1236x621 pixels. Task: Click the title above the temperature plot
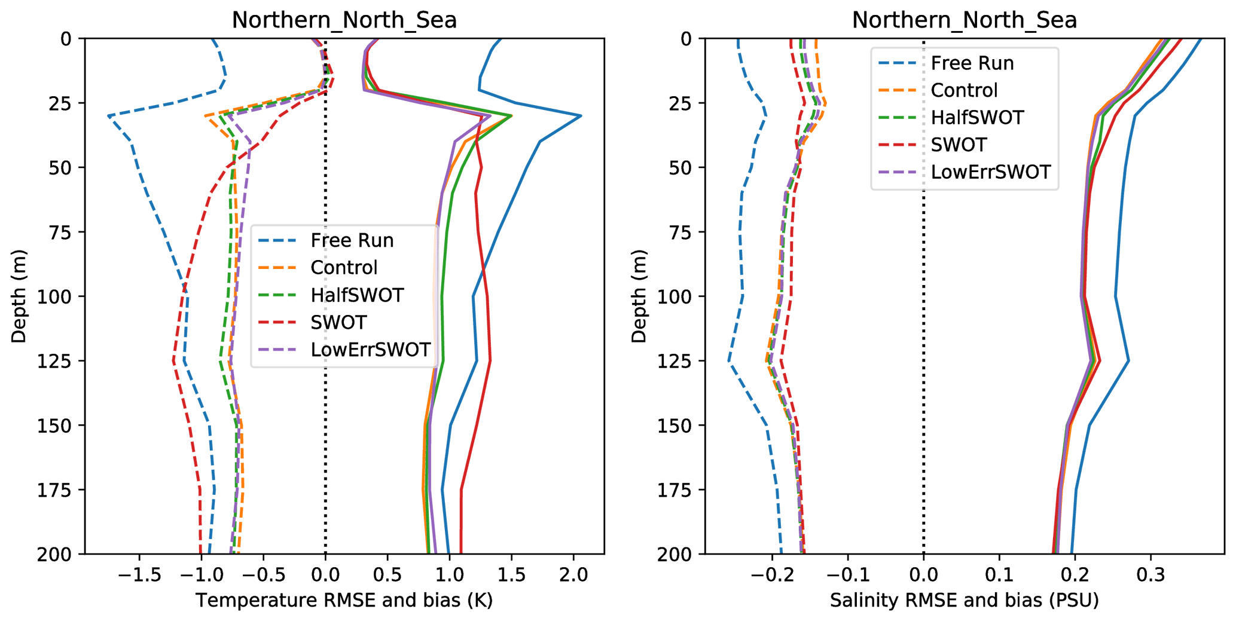(x=344, y=20)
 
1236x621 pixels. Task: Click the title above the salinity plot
(x=964, y=20)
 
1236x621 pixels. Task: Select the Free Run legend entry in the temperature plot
(x=352, y=240)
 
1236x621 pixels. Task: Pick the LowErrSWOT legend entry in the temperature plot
(x=370, y=350)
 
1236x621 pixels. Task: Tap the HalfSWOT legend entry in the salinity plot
(x=977, y=117)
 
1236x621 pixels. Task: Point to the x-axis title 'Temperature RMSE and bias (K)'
(x=344, y=600)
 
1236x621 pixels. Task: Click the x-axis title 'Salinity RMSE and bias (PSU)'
(x=964, y=600)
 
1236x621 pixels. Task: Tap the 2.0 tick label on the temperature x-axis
(x=573, y=575)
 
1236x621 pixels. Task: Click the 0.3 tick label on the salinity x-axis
(x=1150, y=575)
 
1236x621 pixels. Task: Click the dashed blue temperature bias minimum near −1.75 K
(x=109, y=116)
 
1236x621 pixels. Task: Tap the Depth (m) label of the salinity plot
(x=639, y=296)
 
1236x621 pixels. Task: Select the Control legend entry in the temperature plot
(x=344, y=268)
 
